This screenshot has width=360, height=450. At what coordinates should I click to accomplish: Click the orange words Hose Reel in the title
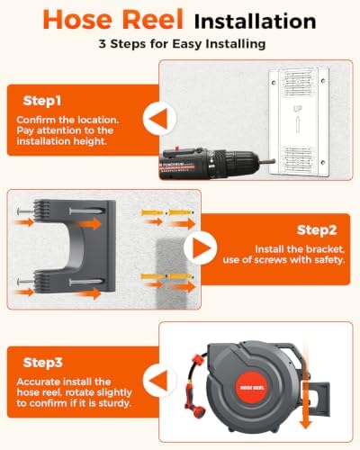(x=112, y=19)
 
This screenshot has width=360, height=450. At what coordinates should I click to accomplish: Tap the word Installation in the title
(x=255, y=21)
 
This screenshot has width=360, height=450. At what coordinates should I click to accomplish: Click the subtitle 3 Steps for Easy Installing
(x=182, y=44)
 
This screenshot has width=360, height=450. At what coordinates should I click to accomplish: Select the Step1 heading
(x=42, y=101)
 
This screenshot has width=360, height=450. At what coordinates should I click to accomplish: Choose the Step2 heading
(x=317, y=230)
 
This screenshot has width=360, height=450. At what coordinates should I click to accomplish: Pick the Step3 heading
(x=42, y=363)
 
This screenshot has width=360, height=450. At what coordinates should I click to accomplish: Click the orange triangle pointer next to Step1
(x=159, y=118)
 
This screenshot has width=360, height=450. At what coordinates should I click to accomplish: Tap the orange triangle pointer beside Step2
(x=202, y=248)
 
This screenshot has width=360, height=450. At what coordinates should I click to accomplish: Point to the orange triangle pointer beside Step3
(x=159, y=381)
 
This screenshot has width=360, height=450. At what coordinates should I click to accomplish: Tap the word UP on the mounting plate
(x=297, y=109)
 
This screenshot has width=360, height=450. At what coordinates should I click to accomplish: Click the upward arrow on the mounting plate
(x=297, y=124)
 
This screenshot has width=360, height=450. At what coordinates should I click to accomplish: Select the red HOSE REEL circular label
(x=252, y=387)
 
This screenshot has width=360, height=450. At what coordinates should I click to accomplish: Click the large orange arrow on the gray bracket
(x=87, y=223)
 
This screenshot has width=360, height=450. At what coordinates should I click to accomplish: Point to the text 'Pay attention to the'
(x=65, y=130)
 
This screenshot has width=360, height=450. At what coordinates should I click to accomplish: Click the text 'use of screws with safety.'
(x=283, y=259)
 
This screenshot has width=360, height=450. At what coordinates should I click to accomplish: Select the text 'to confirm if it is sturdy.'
(x=74, y=403)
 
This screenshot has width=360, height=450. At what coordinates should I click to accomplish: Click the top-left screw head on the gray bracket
(x=20, y=211)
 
